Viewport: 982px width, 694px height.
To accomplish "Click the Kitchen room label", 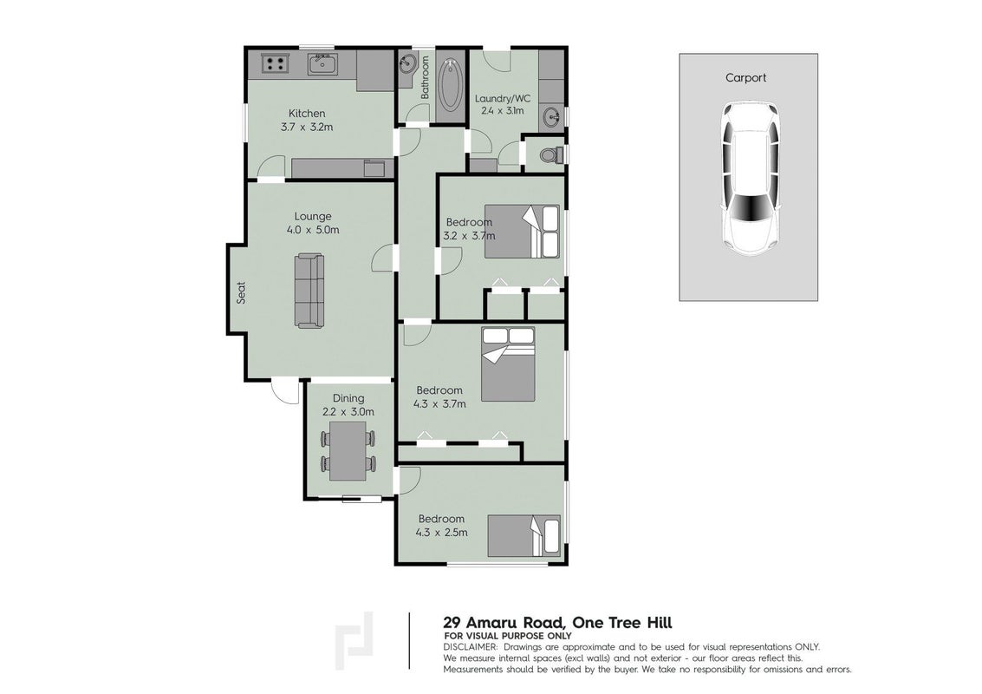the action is [307, 114].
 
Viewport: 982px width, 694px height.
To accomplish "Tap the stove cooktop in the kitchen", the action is [274, 63].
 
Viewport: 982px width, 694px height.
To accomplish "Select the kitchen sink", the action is [322, 64].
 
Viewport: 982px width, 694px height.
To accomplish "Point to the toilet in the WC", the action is [551, 154].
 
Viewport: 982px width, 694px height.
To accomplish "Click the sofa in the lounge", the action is [309, 291].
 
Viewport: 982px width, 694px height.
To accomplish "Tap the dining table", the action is [348, 451].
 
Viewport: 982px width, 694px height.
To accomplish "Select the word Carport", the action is [745, 78].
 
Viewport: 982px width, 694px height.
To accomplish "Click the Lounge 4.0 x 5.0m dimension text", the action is [313, 229].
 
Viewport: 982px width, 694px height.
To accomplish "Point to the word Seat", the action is [241, 292].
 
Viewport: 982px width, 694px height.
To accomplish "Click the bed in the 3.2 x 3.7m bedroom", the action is [523, 231].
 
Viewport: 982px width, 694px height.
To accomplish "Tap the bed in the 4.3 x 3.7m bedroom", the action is [508, 364].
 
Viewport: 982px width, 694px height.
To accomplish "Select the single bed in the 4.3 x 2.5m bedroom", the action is [524, 535].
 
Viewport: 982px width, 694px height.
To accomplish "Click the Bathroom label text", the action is [425, 78].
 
